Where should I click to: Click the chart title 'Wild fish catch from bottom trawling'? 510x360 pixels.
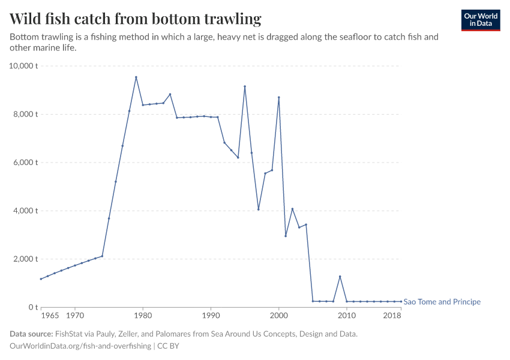pos(136,19)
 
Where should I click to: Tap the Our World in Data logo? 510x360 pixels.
pos(480,20)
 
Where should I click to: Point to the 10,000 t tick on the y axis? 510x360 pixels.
pos(24,66)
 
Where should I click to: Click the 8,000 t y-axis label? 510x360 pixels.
pos(26,114)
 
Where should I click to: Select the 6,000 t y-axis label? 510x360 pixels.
pos(26,163)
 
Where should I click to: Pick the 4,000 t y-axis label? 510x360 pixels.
pos(26,211)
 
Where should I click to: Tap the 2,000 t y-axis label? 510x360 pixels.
pos(26,259)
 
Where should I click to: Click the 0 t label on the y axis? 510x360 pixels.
pos(33,307)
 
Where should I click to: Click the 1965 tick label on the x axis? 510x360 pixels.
pos(50,315)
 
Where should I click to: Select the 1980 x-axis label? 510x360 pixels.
pos(142,315)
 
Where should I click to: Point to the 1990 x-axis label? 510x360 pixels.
pos(211,315)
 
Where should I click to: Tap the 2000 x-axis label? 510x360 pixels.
pos(279,315)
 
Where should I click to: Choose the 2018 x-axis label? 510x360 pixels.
pos(392,315)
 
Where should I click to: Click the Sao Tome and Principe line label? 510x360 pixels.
pos(442,302)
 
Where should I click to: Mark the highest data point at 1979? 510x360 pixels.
pos(136,77)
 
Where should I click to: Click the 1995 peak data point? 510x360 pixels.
pos(245,86)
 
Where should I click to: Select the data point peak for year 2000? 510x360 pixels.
pos(279,97)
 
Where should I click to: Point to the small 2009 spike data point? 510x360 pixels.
pos(340,277)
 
